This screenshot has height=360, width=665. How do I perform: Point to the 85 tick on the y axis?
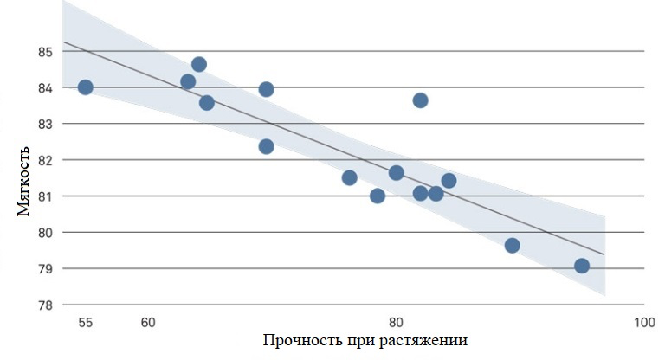click(45, 52)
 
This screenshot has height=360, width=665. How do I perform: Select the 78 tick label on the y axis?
click(45, 305)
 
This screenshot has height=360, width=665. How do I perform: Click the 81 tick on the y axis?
click(45, 196)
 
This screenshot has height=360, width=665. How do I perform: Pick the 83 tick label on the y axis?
click(45, 124)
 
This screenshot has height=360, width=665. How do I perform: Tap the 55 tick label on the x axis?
click(85, 323)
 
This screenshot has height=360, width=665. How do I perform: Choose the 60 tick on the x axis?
click(148, 323)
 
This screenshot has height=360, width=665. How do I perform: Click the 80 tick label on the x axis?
click(396, 323)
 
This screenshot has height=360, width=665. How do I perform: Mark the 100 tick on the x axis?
click(643, 323)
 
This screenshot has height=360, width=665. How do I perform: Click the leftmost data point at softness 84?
click(85, 87)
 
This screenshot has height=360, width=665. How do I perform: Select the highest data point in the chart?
click(199, 64)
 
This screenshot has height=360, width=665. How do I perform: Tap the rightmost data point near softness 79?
click(582, 266)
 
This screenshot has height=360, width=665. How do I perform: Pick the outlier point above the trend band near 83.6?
click(420, 100)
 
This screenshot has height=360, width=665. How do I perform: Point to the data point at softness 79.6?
click(512, 246)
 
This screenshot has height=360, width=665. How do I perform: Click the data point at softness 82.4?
click(266, 146)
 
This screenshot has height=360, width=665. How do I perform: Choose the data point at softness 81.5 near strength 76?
click(349, 177)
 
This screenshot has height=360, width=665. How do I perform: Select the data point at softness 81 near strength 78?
click(378, 196)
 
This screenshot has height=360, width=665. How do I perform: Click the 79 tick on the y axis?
click(45, 268)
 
